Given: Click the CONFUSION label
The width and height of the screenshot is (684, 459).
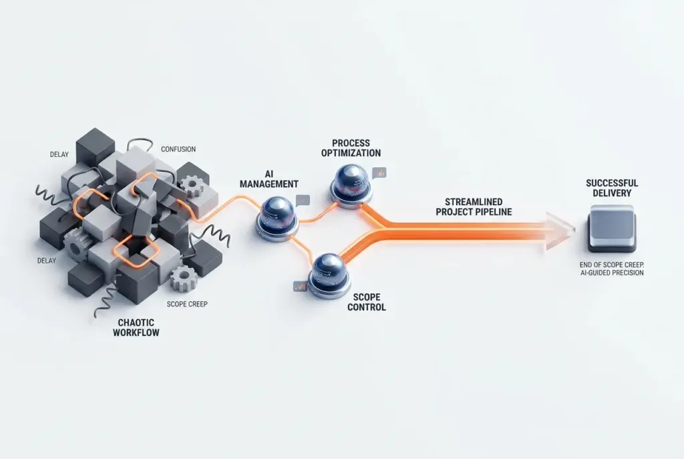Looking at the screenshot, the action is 178,149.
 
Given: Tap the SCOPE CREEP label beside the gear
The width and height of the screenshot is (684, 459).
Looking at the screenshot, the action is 187,304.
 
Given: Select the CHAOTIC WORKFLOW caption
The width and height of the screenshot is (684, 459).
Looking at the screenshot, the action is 136,327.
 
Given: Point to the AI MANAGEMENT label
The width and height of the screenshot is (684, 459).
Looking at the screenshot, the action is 269,179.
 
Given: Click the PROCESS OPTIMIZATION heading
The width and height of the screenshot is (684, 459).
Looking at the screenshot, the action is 351,148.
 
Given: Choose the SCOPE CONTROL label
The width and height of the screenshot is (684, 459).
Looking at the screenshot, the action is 367,302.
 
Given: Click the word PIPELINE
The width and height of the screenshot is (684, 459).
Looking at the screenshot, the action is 491,212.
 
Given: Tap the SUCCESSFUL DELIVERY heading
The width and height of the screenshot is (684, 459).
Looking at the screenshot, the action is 612,188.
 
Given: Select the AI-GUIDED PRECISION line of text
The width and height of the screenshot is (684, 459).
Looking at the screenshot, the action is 612,273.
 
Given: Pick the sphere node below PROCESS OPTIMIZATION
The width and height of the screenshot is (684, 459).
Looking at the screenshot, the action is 351,184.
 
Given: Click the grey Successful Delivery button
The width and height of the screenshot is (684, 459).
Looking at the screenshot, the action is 612,228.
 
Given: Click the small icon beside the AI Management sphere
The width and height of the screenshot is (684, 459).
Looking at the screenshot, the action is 303,200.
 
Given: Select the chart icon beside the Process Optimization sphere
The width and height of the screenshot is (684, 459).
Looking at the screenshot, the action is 379,173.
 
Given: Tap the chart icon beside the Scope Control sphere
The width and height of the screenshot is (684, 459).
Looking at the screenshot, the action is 300,287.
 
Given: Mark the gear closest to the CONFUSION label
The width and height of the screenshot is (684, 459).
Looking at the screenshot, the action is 192,186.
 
